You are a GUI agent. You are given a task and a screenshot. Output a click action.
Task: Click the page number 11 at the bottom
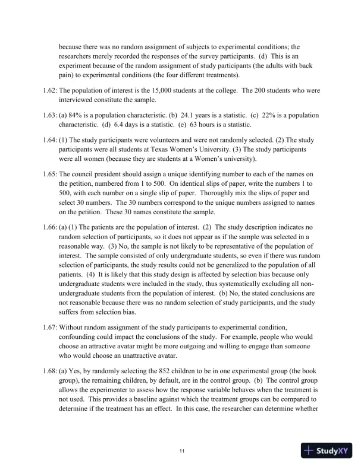pyautogui.click(x=182, y=452)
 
